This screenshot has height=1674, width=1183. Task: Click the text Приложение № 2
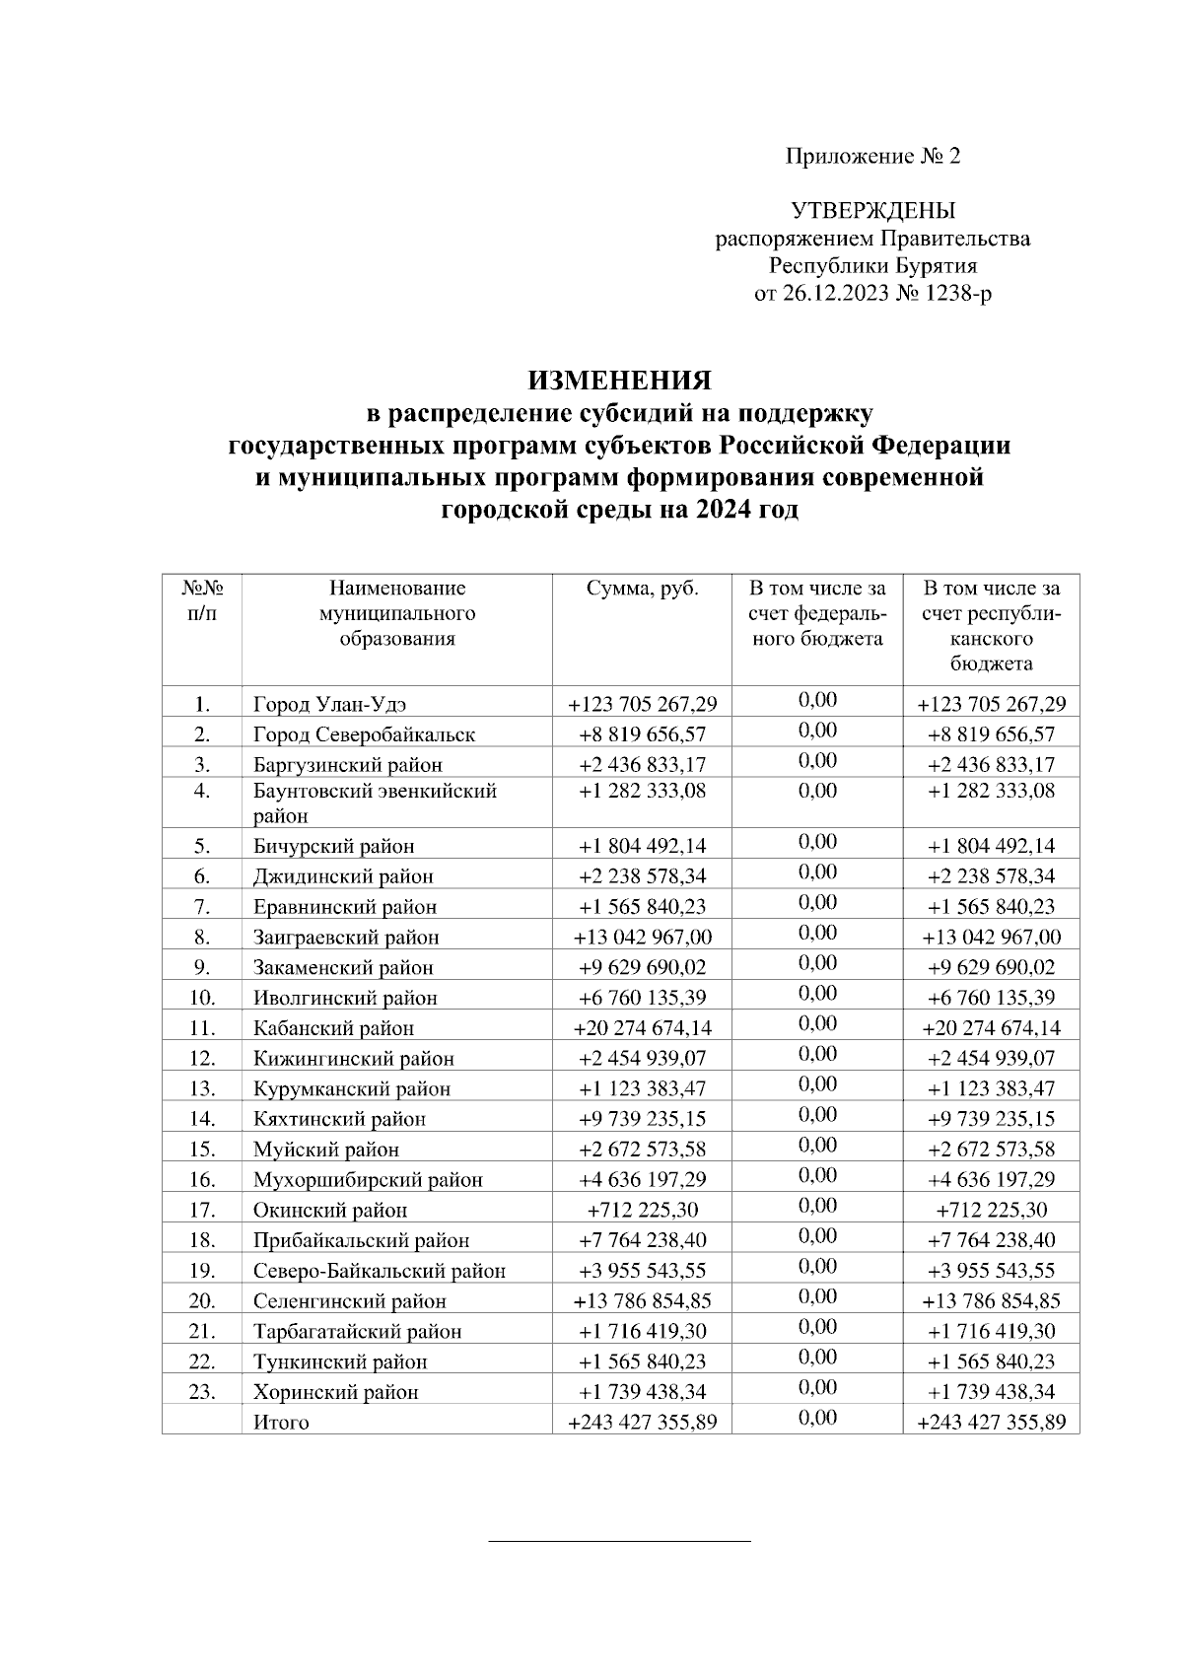[x=871, y=156]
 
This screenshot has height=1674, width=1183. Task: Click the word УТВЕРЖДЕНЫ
[x=872, y=211]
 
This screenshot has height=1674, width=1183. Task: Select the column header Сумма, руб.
[x=642, y=590]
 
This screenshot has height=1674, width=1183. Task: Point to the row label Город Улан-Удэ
[x=329, y=705]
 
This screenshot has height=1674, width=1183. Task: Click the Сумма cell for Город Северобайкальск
[x=642, y=734]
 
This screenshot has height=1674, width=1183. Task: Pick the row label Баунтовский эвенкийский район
[x=375, y=802]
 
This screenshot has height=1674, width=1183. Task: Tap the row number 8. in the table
[x=202, y=937]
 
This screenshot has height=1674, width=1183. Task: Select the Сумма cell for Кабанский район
[x=642, y=1028]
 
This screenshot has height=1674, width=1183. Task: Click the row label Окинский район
[x=329, y=1210]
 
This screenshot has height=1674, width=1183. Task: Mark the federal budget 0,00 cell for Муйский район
[x=817, y=1146]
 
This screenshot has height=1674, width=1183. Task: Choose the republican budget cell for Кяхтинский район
[x=991, y=1119]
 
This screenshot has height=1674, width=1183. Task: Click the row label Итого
[x=281, y=1423]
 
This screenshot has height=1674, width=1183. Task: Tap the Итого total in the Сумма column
[x=642, y=1423]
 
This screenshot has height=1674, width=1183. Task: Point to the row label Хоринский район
[x=335, y=1392]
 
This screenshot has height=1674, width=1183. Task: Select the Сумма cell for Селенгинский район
[x=642, y=1301]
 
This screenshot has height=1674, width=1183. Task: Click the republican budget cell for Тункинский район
[x=991, y=1361]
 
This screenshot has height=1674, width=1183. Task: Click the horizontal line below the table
[x=619, y=1540]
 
